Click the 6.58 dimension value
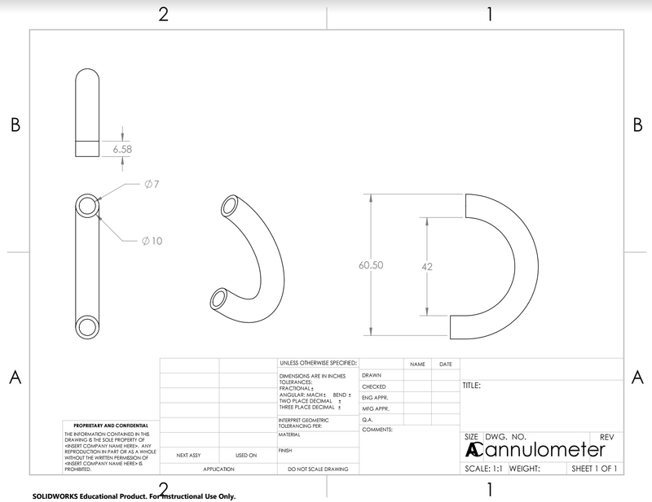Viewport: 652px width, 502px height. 122,149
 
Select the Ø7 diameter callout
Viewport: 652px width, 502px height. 151,185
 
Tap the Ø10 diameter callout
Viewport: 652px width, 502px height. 152,241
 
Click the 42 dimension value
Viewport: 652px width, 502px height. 426,266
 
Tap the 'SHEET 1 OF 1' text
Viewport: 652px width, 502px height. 594,469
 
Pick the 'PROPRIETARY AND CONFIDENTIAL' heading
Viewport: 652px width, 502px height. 111,426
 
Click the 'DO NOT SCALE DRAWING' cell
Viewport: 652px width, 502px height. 318,469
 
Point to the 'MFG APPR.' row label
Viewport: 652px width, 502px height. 376,408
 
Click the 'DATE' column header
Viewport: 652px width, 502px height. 445,364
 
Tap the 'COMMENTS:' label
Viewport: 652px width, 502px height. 377,429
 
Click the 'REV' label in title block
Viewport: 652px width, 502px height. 606,437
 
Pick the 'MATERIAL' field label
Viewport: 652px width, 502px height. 289,434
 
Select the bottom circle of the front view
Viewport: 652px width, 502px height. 87,327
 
